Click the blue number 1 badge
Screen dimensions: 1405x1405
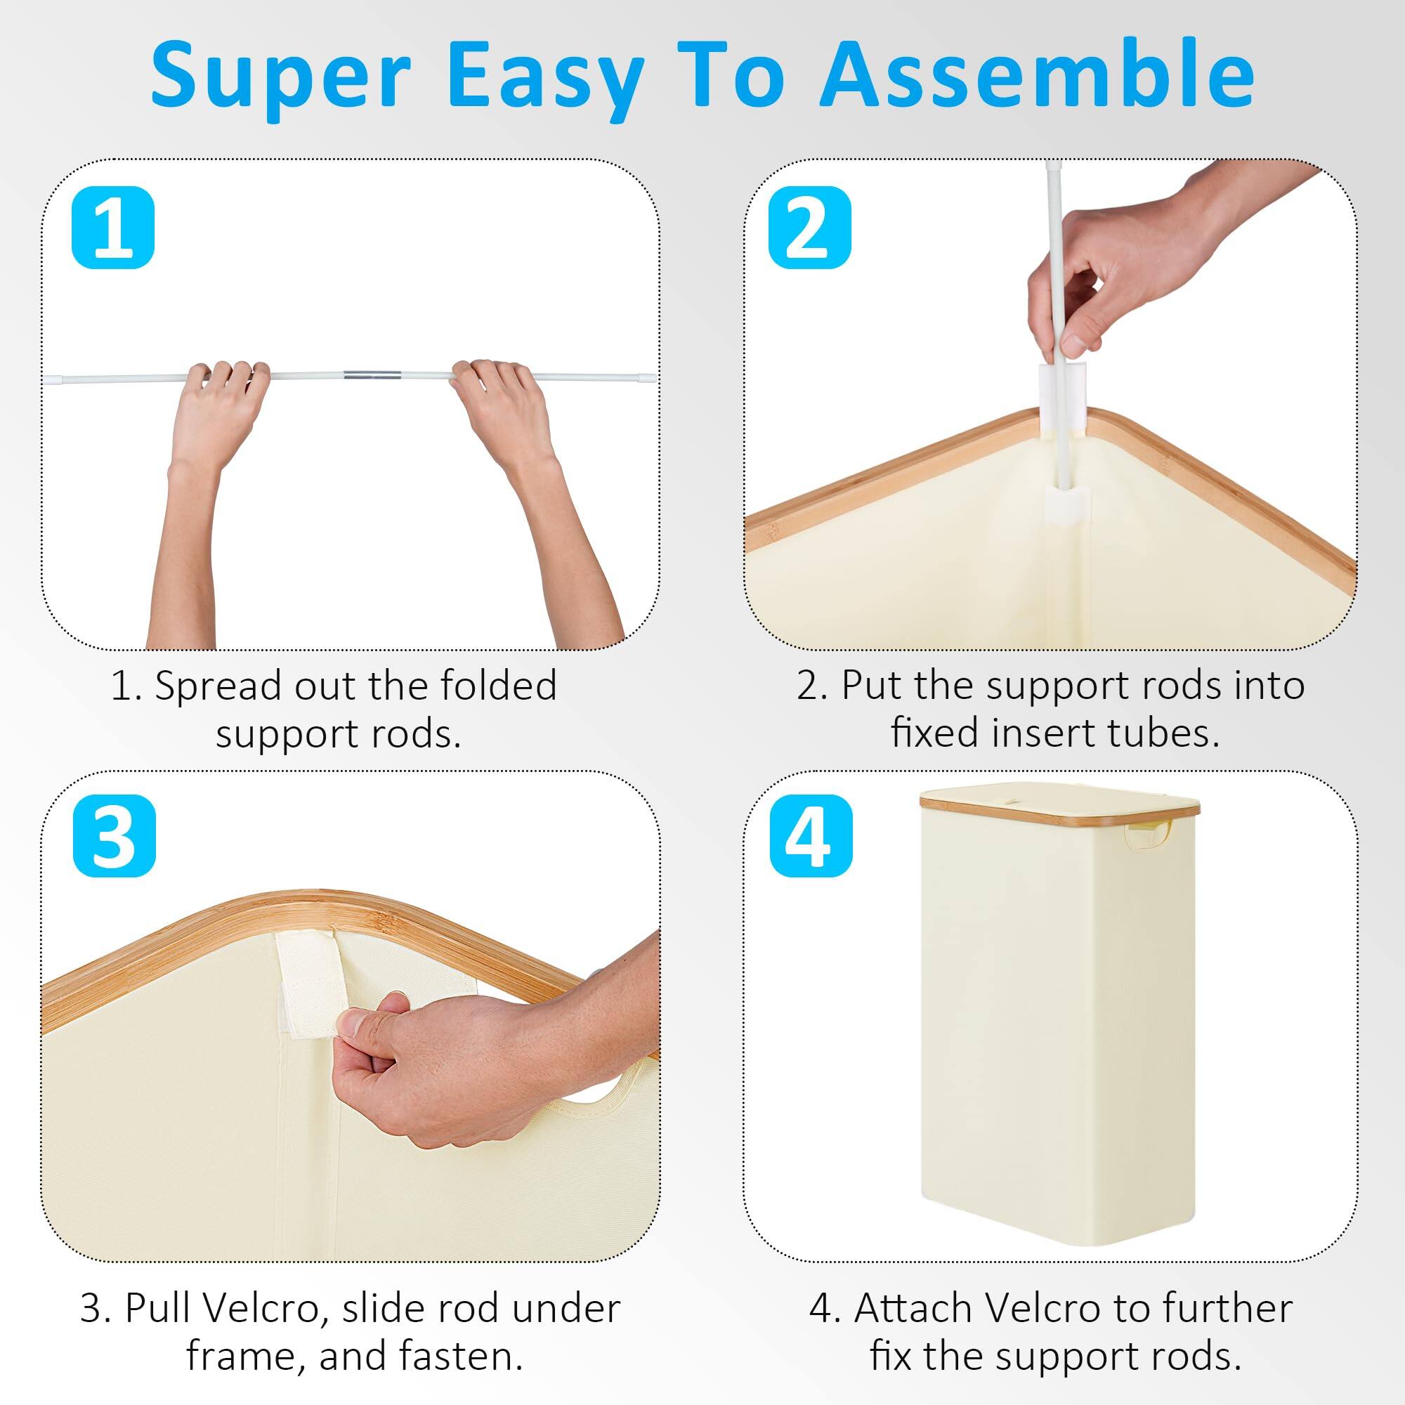tap(112, 228)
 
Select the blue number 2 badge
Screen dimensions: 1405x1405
tap(809, 228)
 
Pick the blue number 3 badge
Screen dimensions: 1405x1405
tap(115, 835)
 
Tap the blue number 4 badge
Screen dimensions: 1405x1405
tap(811, 835)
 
